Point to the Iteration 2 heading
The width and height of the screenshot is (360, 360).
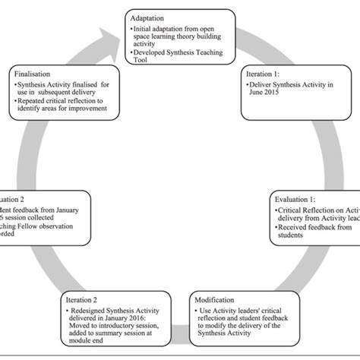(82, 300)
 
